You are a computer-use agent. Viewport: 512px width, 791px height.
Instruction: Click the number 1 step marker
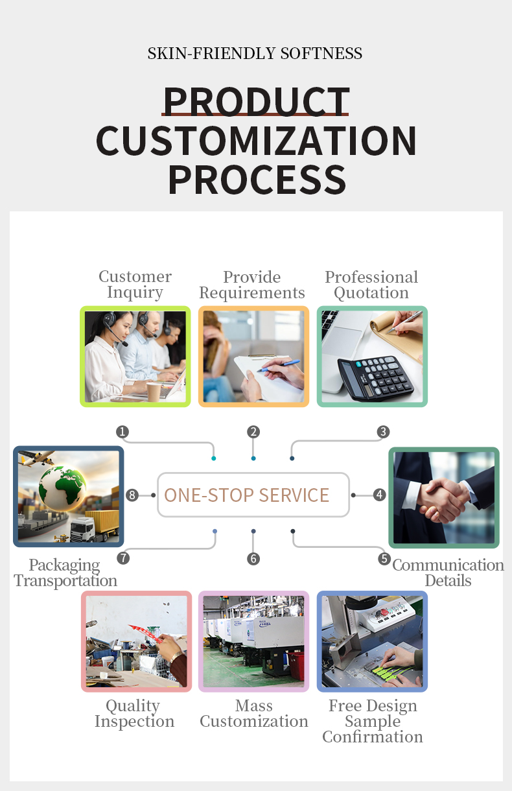[x=122, y=432]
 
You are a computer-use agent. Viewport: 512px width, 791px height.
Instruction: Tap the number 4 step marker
[x=380, y=495]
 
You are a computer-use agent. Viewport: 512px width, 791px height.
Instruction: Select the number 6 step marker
[x=253, y=559]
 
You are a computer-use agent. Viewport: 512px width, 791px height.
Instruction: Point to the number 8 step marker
[x=132, y=495]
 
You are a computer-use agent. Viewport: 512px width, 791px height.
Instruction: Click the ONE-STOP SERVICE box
[x=253, y=495]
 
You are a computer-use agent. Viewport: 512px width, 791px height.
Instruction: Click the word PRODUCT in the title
[x=257, y=101]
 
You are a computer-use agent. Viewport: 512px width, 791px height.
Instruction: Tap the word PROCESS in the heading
[x=257, y=180]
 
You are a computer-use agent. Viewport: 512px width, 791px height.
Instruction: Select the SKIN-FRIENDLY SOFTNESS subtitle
[x=255, y=53]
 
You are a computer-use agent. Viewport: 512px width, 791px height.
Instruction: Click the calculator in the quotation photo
[x=375, y=378]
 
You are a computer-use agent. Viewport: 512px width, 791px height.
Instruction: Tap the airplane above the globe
[x=36, y=458]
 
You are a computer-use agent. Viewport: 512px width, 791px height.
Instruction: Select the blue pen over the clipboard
[x=279, y=366]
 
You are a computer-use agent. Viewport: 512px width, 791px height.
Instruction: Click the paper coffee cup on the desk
[x=154, y=392]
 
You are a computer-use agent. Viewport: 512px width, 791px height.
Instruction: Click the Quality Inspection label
[x=134, y=713]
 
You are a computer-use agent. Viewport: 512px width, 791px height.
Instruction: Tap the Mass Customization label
[x=254, y=713]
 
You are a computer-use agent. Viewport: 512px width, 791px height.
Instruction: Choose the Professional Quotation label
[x=371, y=285]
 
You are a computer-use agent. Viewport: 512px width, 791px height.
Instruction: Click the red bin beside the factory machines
[x=296, y=666]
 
